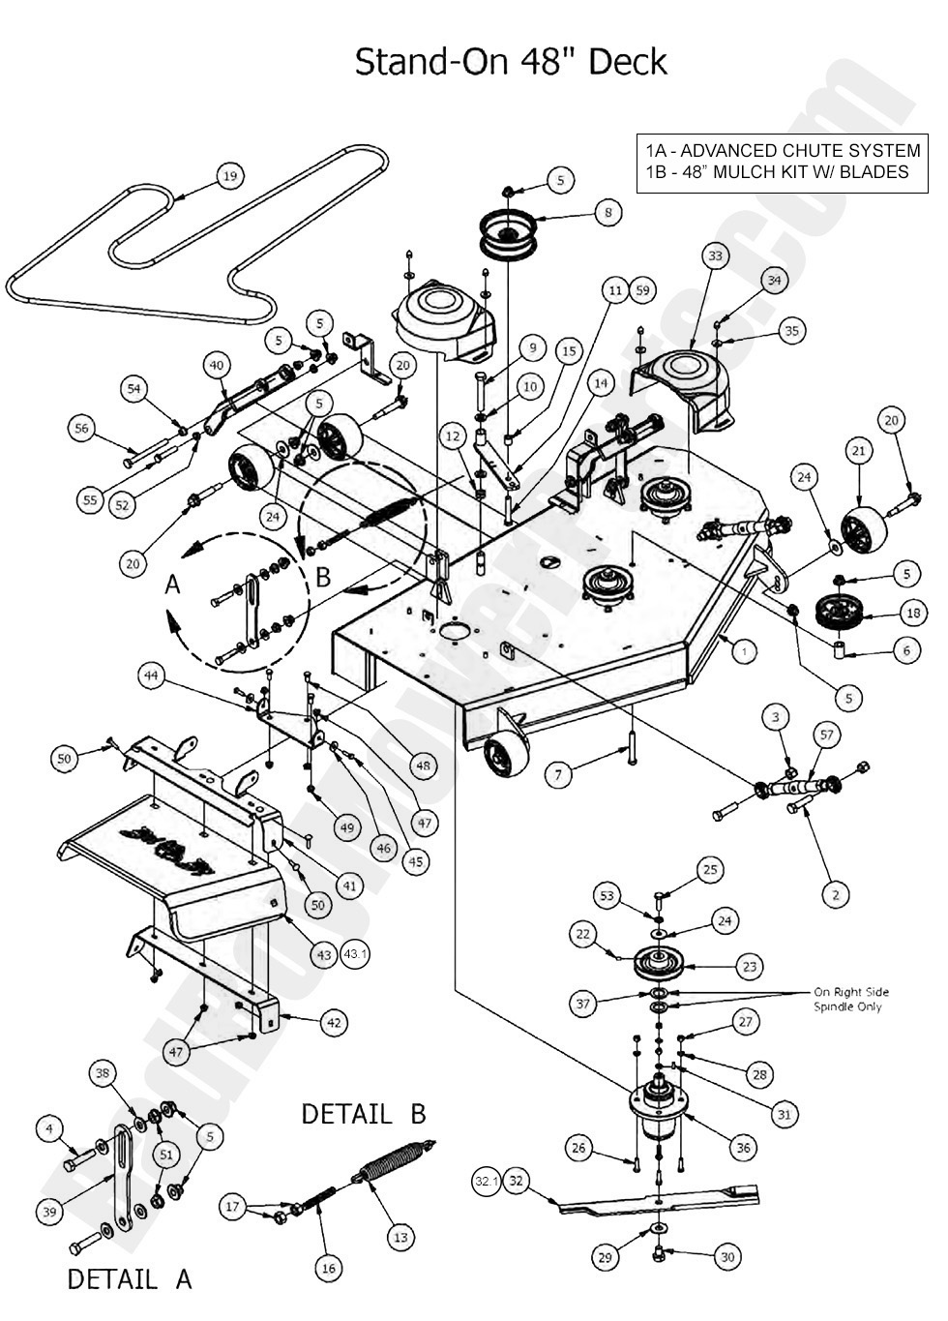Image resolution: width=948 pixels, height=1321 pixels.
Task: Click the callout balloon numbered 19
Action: click(229, 177)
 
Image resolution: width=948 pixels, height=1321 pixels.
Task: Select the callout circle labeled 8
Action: click(607, 213)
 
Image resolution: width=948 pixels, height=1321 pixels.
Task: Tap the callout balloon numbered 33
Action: click(715, 256)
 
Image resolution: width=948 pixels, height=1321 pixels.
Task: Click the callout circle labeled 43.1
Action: click(356, 954)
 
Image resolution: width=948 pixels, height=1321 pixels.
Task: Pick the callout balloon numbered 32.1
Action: click(486, 1181)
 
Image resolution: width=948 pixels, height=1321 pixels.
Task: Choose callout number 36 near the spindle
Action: click(743, 1148)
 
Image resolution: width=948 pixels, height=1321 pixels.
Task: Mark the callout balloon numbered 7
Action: click(557, 774)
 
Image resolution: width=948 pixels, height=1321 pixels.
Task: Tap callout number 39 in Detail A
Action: click(50, 1212)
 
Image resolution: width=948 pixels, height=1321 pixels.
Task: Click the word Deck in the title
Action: click(628, 62)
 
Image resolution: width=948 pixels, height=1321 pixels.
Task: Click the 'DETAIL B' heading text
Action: click(363, 1114)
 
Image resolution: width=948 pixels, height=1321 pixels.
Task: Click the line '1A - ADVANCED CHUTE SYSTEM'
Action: click(783, 151)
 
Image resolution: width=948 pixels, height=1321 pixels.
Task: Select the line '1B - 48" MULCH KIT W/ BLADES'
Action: click(777, 172)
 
